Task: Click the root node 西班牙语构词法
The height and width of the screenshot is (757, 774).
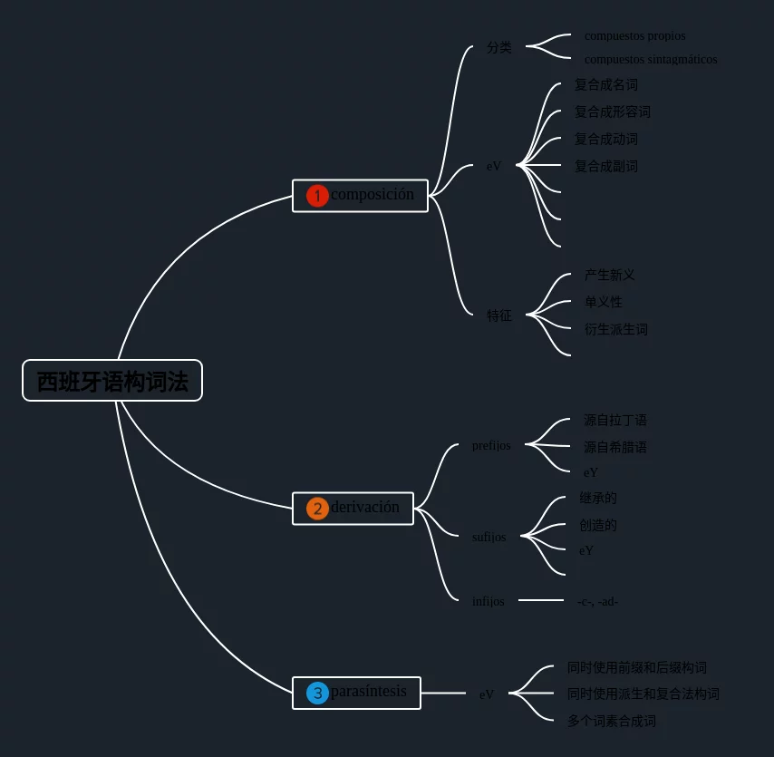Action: click(x=112, y=381)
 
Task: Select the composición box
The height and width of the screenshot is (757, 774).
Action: click(x=360, y=195)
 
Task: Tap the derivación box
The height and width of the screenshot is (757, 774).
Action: click(x=353, y=508)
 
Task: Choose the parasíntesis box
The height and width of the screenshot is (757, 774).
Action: click(x=356, y=693)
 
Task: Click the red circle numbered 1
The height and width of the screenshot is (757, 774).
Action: click(x=317, y=196)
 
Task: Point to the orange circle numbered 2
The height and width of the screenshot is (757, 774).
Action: click(x=317, y=509)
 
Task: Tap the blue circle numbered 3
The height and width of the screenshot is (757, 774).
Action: click(x=317, y=694)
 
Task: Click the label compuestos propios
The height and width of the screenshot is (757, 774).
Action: click(x=634, y=36)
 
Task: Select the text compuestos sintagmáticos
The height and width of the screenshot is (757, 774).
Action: click(x=650, y=60)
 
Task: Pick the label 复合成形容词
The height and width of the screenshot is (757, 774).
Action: click(x=612, y=112)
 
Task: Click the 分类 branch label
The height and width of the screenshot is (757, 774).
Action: click(x=498, y=48)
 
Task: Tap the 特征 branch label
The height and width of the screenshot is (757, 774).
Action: click(x=498, y=316)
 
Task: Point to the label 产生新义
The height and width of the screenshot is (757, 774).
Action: click(x=609, y=276)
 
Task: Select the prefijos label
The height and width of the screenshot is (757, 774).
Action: click(x=491, y=446)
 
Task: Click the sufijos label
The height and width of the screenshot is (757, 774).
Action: click(x=489, y=537)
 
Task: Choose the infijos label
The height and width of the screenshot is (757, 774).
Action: click(x=489, y=601)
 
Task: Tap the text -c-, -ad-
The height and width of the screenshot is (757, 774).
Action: click(x=597, y=601)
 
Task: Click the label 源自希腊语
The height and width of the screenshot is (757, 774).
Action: click(x=614, y=448)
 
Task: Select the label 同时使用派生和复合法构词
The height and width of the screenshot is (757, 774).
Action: click(x=643, y=694)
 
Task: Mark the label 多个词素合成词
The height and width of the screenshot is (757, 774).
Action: click(x=611, y=722)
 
